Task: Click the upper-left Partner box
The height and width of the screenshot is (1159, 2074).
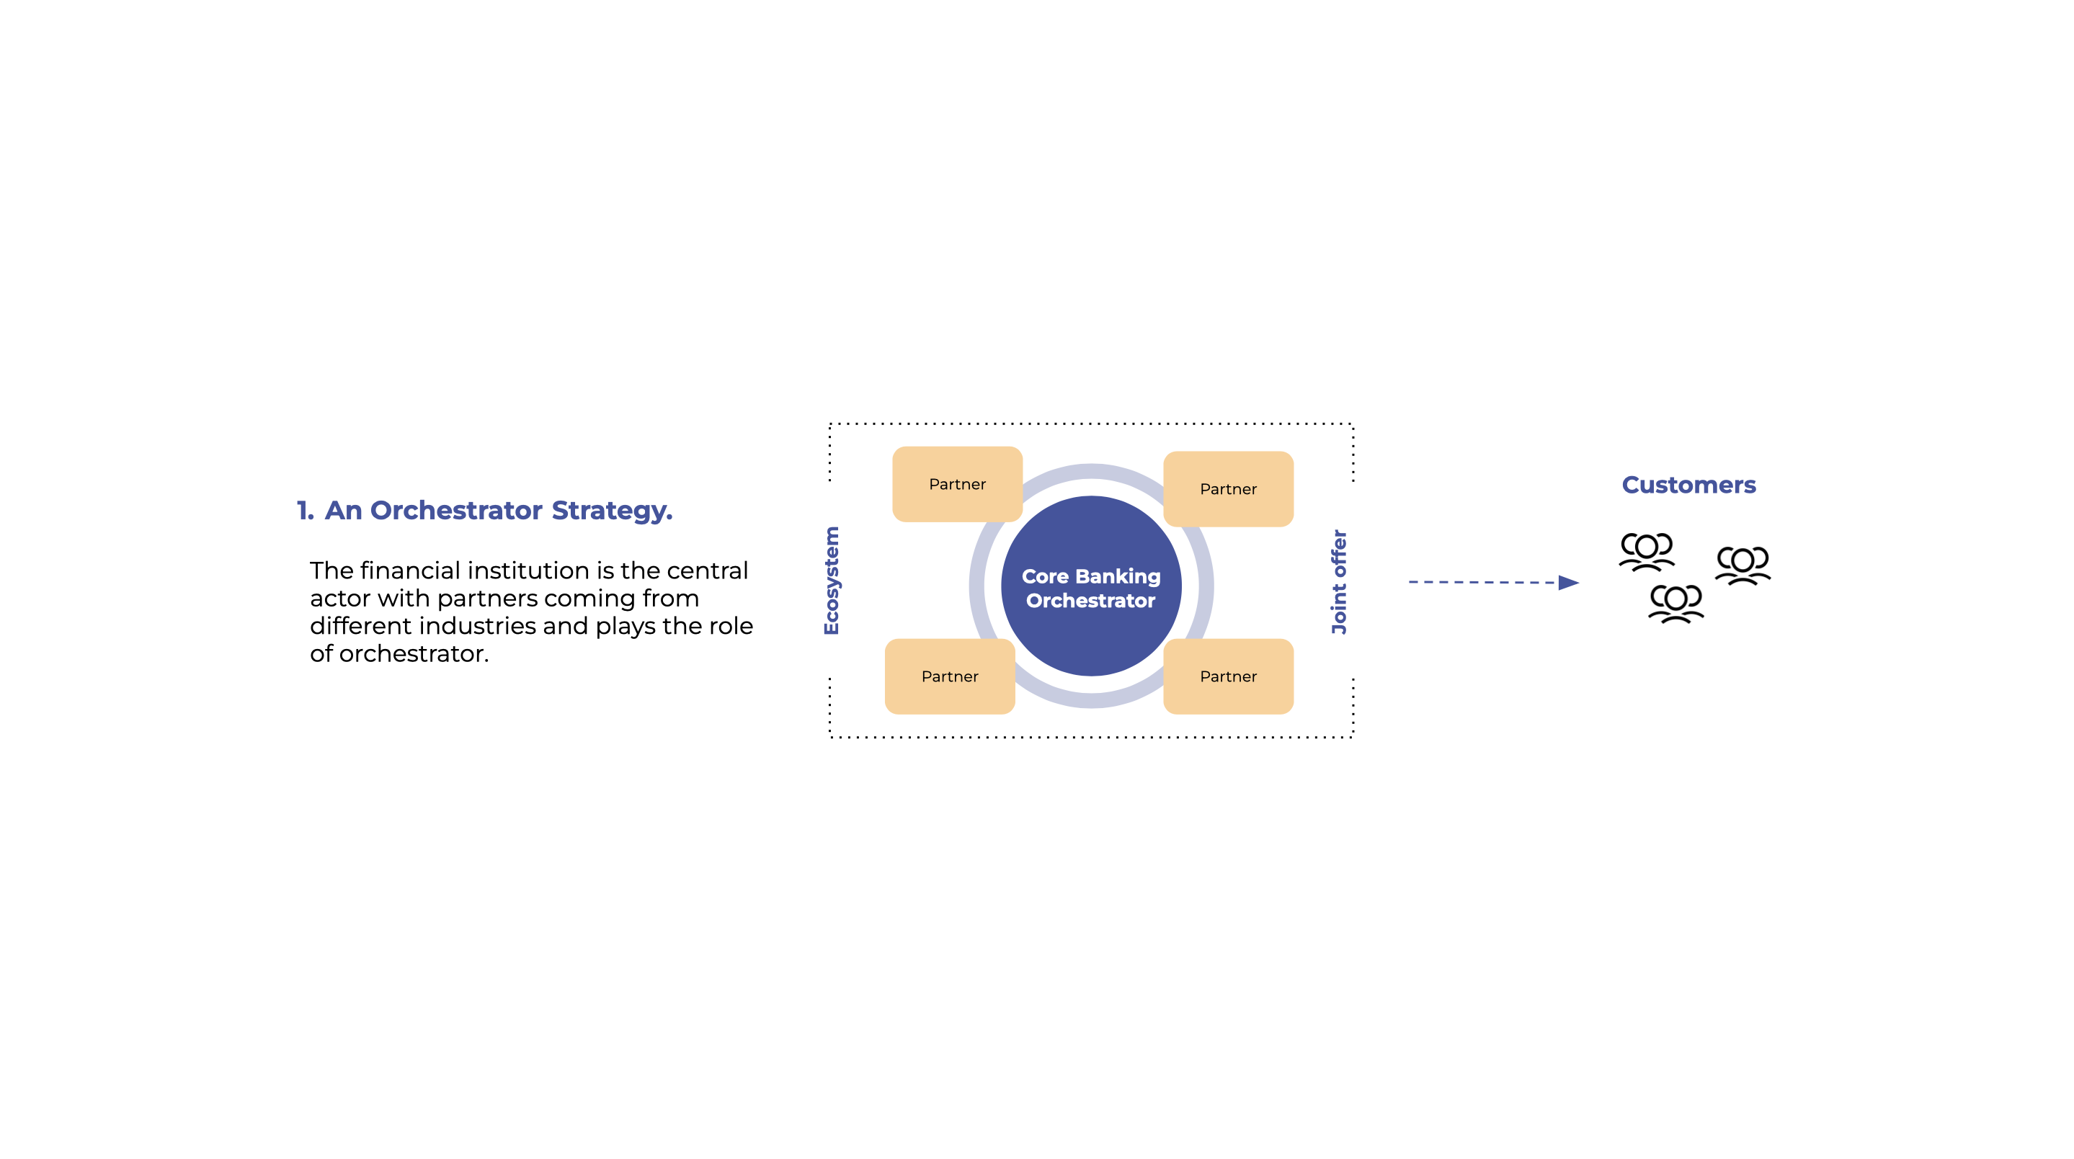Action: [x=957, y=484]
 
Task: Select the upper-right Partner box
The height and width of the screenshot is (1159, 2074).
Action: [x=1228, y=488]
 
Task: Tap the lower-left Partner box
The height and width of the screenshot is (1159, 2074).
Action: [x=949, y=676]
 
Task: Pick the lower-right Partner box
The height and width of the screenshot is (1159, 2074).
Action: [x=1228, y=676]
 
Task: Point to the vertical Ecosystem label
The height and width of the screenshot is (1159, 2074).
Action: [x=832, y=581]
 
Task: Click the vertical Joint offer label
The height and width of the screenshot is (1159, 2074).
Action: [x=1338, y=581]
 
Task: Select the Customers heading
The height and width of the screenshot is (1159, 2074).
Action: [x=1688, y=485]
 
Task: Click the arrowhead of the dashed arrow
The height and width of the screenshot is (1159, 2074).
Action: [x=1567, y=582]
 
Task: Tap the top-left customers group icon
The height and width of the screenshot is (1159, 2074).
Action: [x=1647, y=551]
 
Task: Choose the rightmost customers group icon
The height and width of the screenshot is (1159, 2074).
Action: [x=1743, y=565]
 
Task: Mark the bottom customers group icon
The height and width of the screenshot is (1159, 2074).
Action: [x=1676, y=604]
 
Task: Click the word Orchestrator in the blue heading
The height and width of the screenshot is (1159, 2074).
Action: [x=455, y=510]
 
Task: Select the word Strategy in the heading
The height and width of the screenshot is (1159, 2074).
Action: [x=610, y=510]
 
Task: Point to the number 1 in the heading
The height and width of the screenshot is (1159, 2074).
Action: [x=304, y=510]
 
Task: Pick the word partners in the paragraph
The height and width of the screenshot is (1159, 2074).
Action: [x=486, y=599]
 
